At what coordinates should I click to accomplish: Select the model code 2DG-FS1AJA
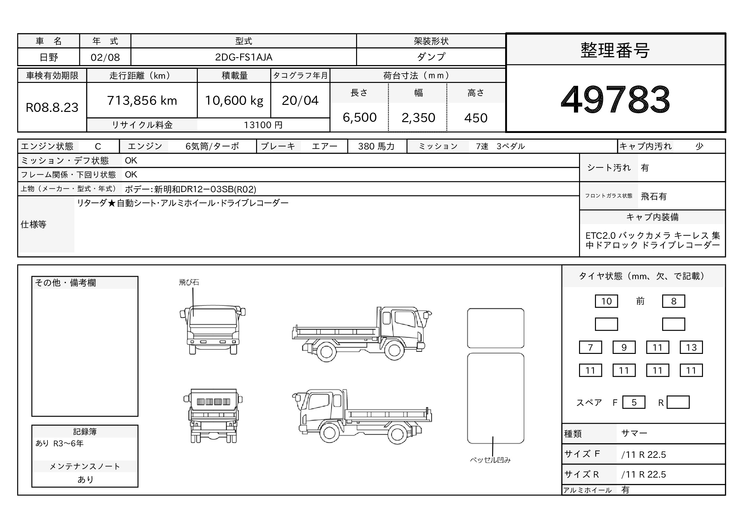244,57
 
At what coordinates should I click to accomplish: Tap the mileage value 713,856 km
142,100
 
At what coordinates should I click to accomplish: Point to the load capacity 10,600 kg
234,101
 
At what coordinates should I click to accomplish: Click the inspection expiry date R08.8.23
52,107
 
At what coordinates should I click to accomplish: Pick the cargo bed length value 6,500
360,118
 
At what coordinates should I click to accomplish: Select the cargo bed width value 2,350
418,118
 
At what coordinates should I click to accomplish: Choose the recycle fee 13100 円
263,125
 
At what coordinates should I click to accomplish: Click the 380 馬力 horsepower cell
376,146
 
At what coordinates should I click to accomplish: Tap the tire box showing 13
691,348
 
